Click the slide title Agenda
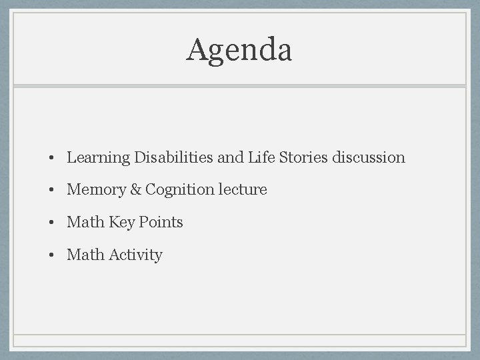(239, 51)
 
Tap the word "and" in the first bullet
(231, 157)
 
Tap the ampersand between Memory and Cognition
(135, 190)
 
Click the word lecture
(243, 190)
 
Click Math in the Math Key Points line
(85, 222)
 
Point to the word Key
(121, 223)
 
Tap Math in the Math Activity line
(85, 255)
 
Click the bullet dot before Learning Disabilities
(51, 159)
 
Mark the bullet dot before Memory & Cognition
(51, 191)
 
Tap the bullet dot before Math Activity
(51, 255)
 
